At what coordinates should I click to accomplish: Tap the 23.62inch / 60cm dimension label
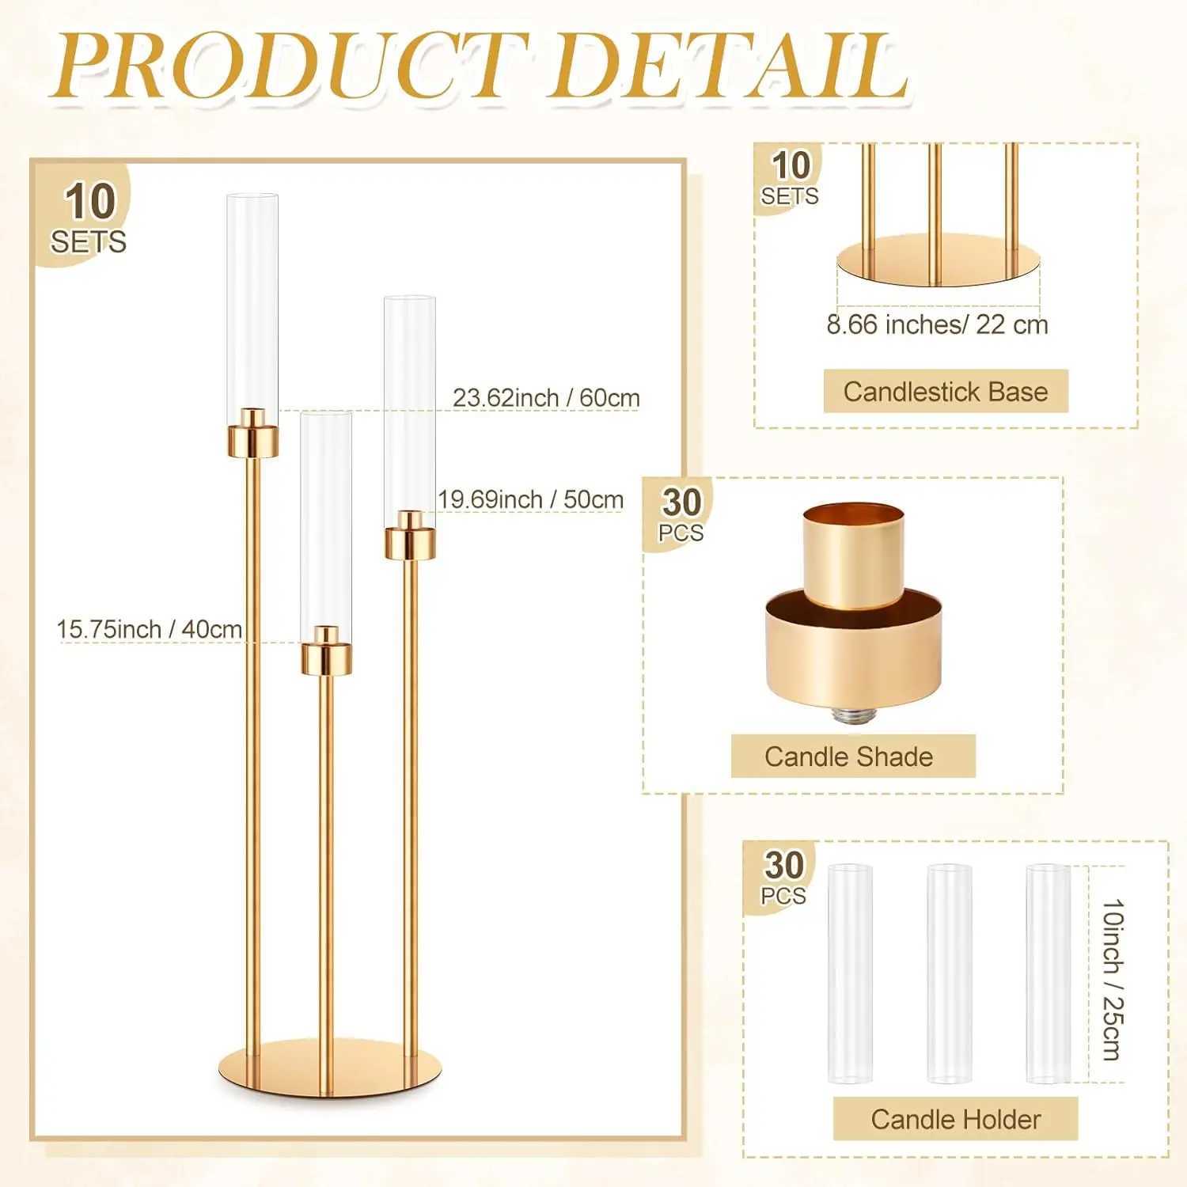546,397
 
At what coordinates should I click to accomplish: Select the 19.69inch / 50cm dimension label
531,499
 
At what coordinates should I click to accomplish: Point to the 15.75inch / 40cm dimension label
150,629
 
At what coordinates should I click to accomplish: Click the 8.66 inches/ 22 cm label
937,324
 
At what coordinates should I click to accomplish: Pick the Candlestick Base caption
946,392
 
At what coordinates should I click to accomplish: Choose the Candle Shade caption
848,757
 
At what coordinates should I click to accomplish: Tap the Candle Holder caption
956,1119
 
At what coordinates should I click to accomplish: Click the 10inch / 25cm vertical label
1113,979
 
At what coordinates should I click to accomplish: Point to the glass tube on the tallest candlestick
253,301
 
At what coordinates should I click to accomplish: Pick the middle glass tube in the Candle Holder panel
950,973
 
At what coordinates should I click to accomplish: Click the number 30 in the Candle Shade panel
681,502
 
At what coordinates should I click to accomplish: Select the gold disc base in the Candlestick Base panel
937,261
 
